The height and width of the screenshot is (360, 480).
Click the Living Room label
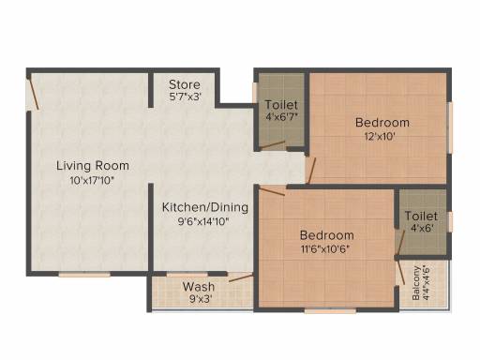point(93,166)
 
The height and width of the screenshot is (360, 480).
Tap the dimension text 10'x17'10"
point(92,181)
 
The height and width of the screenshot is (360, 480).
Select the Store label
point(185,84)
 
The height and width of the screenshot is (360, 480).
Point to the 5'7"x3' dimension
point(185,97)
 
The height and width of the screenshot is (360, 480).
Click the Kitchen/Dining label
point(205,207)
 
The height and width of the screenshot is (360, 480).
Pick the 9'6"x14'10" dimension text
point(203,221)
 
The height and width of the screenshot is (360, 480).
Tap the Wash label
point(199,287)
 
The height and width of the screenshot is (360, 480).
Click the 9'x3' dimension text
point(201,299)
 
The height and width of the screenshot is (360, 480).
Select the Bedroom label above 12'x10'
point(382,123)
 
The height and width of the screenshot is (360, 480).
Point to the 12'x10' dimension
point(380,137)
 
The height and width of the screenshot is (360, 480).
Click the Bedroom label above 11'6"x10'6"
point(327,235)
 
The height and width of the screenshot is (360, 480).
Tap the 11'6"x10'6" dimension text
point(325,249)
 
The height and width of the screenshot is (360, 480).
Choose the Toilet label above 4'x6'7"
point(281,105)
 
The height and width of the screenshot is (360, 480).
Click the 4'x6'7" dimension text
point(281,117)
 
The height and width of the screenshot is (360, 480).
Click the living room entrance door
point(34,93)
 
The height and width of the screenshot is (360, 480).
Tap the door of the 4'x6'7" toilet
point(273,144)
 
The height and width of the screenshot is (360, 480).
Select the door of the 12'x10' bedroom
point(312,171)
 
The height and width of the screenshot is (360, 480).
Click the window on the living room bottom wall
point(84,275)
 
